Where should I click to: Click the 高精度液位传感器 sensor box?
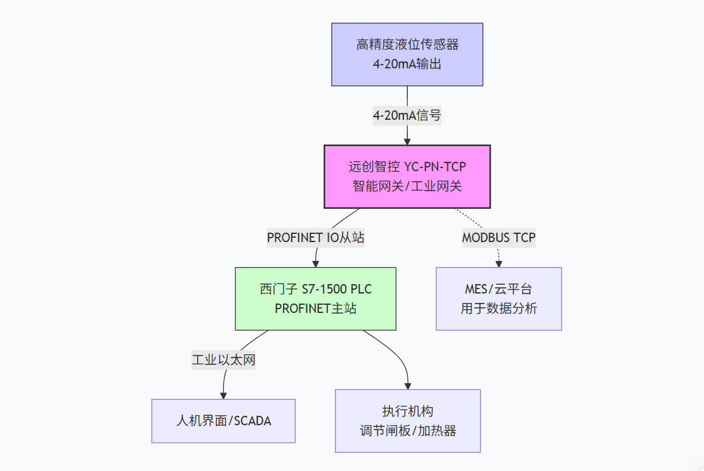pos(407,54)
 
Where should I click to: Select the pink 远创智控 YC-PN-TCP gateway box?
pos(407,176)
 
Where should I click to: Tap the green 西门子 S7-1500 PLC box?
pos(316,299)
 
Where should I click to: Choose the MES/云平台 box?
pos(499,299)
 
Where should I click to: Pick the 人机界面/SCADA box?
pos(223,421)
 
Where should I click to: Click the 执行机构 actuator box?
pos(408,421)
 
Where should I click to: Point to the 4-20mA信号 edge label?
pos(407,115)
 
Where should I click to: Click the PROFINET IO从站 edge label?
pos(316,238)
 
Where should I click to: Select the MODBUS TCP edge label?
pos(499,238)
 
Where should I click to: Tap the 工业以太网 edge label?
pos(223,360)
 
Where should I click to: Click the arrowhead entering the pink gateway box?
pos(407,141)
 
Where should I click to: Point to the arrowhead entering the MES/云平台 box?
pos(499,263)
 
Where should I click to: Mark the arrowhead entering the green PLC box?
pos(316,263)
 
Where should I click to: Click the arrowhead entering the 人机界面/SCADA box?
pos(223,395)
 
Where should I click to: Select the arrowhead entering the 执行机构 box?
pos(408,385)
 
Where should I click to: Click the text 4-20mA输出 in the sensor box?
pos(407,63)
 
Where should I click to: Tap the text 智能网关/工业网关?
pos(407,186)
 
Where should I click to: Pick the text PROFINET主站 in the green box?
pos(316,308)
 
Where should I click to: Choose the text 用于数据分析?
pos(499,308)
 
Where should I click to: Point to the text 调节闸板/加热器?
pos(408,430)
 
